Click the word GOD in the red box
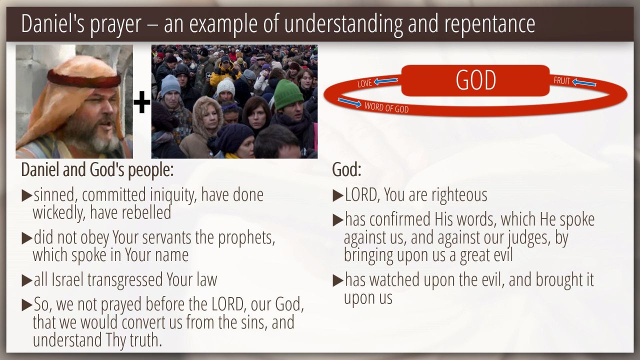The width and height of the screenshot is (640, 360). (x=475, y=80)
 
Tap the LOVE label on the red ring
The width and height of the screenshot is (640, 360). (x=364, y=83)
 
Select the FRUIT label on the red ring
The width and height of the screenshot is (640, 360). (x=561, y=81)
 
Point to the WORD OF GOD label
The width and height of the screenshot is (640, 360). (x=386, y=107)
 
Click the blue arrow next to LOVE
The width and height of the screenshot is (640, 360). (x=385, y=81)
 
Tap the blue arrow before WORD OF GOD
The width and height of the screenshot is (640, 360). (x=349, y=102)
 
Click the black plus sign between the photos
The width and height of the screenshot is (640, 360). (x=141, y=102)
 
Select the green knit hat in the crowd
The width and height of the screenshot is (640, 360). (x=288, y=94)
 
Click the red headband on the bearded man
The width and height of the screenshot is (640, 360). (x=83, y=78)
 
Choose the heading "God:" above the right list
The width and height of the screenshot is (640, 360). (x=346, y=169)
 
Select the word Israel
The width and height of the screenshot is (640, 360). (x=67, y=279)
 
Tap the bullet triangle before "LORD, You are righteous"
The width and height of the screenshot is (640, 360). (x=338, y=195)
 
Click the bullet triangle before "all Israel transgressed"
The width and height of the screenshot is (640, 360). (x=27, y=280)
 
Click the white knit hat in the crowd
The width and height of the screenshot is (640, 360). (x=225, y=86)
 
